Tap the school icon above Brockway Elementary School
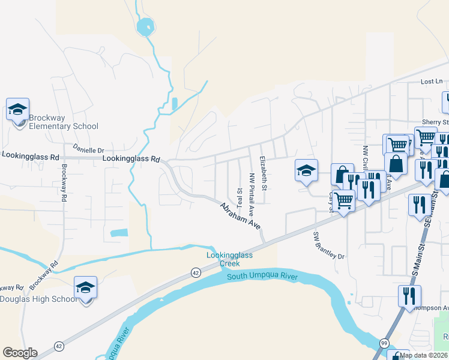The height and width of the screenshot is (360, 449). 17,110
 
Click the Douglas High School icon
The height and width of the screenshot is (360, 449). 86,289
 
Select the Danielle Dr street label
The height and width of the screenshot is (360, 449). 88,150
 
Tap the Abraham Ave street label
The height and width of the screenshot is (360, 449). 240,215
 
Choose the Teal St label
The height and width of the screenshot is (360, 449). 239,198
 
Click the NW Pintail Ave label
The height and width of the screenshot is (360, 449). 252,195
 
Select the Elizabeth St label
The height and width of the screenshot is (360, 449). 263,171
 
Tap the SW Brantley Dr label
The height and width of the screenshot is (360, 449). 329,245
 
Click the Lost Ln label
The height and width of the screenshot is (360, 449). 431,82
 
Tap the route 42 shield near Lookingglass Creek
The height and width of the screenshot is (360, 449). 196,272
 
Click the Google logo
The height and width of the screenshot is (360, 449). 20,353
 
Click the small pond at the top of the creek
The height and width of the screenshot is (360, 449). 145,26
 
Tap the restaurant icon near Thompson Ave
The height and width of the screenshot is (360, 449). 409,296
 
